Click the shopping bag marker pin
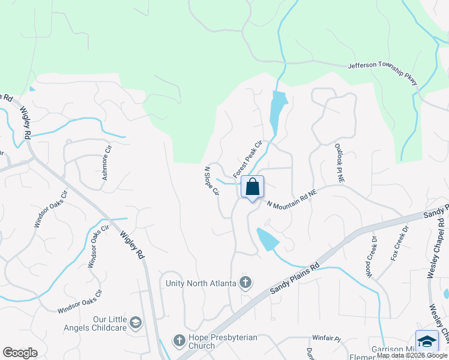coord(253,187)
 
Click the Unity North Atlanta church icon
coord(244,282)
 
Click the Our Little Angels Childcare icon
coord(136,323)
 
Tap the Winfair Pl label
coord(326,339)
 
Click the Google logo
coord(20,352)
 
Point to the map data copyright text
coord(412,356)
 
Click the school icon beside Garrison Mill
coord(427,341)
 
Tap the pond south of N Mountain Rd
coord(266,239)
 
